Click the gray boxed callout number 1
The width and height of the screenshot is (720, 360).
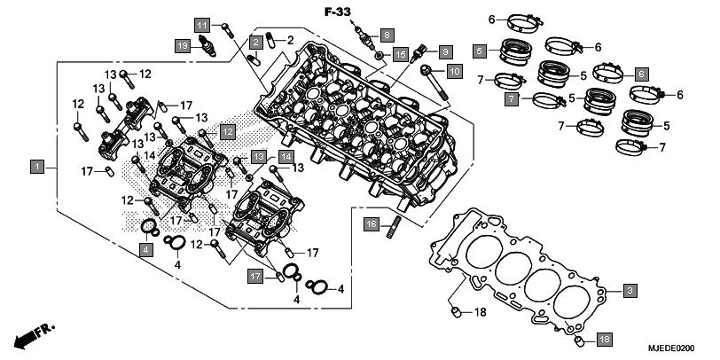pos(37,167)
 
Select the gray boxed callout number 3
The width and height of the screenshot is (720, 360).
pos(629,290)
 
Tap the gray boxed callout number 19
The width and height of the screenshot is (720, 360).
pos(181,44)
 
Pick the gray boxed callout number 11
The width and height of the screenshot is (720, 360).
pos(203,24)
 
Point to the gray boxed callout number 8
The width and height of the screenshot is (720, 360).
pos(387,35)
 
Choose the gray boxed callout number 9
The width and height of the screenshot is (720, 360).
pos(444,51)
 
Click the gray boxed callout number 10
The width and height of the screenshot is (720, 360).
pos(453,70)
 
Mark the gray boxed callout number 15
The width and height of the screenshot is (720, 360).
pos(401,55)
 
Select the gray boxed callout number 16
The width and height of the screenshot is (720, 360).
pos(372,223)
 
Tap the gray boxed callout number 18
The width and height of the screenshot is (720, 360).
pos(602,340)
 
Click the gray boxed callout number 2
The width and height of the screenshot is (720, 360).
pos(255,42)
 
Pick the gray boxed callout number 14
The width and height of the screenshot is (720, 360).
pos(286,157)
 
